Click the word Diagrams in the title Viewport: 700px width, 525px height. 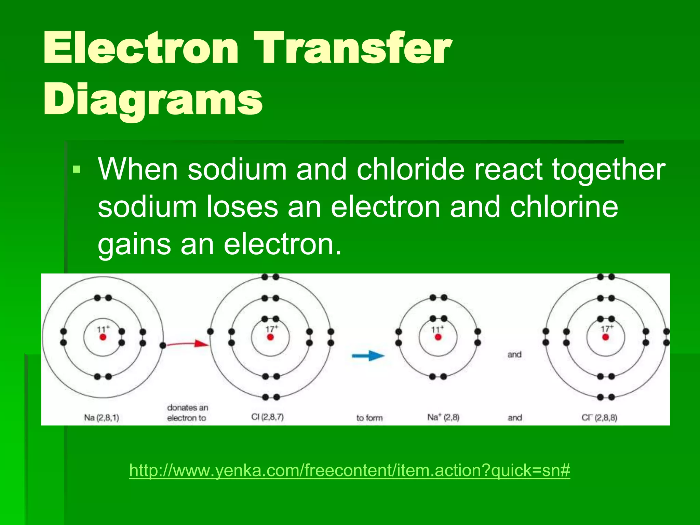tap(153, 100)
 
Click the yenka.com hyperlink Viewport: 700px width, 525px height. tap(349, 470)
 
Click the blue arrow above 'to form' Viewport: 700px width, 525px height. tap(368, 356)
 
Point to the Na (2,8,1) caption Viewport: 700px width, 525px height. tap(102, 418)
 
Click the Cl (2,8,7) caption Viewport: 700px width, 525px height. tap(268, 417)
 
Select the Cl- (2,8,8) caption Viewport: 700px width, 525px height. tap(600, 418)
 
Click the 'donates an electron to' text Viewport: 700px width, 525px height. tap(187, 413)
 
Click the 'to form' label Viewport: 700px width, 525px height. tap(369, 418)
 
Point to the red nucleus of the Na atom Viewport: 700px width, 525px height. tap(103, 337)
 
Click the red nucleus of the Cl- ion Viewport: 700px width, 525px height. tap(606, 337)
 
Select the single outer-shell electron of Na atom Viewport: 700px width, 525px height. tap(163, 346)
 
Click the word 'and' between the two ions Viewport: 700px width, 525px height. tap(514, 354)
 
